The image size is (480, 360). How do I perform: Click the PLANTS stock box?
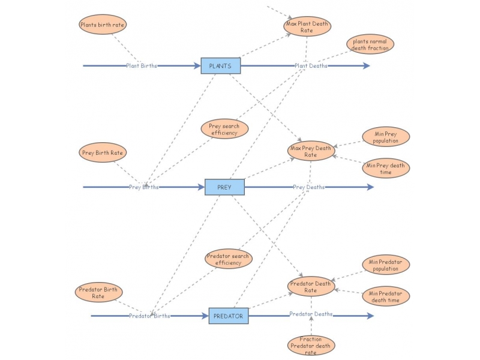(x=220, y=65)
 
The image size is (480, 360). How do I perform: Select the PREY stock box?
(x=224, y=187)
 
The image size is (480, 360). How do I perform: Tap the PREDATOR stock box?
(x=228, y=316)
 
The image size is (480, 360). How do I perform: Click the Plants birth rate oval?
(x=103, y=25)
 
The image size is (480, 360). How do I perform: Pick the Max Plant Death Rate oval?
(x=307, y=26)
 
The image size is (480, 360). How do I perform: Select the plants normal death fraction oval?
(x=370, y=44)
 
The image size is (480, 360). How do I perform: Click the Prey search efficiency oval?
(x=224, y=130)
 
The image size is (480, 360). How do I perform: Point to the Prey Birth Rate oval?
(x=103, y=152)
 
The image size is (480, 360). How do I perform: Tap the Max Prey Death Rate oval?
(x=310, y=151)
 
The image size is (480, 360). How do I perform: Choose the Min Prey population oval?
(x=386, y=137)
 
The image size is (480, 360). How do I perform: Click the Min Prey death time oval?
(x=386, y=169)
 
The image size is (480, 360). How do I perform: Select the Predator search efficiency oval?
(x=228, y=259)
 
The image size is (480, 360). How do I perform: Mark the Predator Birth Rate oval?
(x=98, y=292)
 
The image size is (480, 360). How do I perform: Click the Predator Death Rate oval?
(x=310, y=287)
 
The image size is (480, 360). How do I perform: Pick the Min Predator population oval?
(x=386, y=265)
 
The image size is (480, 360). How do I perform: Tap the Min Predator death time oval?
(x=386, y=296)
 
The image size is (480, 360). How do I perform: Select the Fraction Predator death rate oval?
(x=311, y=346)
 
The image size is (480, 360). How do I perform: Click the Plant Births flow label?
(x=142, y=66)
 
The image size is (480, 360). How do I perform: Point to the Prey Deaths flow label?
(x=308, y=187)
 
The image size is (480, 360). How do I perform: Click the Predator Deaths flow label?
(x=311, y=314)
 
